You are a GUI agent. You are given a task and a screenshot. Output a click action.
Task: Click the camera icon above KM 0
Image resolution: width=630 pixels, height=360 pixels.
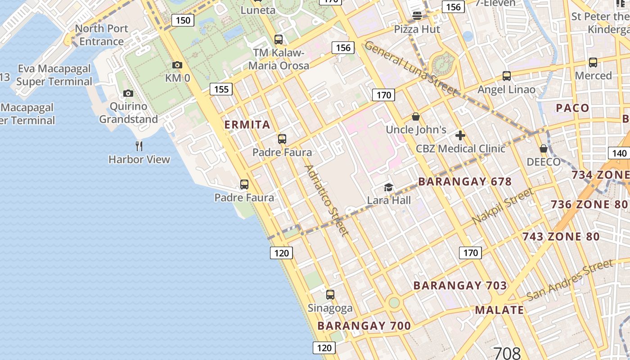point(177,65)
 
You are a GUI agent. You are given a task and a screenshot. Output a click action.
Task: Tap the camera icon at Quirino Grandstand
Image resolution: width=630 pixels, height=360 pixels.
point(128,93)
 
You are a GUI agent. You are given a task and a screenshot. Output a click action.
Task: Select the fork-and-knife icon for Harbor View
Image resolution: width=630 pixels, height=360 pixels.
point(139,146)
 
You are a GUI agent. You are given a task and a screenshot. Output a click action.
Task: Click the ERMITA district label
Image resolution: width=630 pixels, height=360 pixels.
point(247,125)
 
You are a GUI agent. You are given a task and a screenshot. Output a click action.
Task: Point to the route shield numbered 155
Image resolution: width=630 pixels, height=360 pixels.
point(221,89)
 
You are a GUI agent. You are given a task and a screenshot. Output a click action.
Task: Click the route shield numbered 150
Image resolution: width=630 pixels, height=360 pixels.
point(183,20)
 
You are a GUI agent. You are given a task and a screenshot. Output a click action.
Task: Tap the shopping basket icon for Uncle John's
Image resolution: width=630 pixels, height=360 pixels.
point(416,117)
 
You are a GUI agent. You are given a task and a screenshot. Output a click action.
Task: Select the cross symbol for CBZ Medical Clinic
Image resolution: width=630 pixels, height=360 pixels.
point(460,135)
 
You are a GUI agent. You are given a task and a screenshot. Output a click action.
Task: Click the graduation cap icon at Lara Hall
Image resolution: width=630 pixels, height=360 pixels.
point(388,187)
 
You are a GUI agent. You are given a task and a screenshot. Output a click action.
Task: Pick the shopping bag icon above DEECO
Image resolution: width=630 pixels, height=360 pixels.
point(544,148)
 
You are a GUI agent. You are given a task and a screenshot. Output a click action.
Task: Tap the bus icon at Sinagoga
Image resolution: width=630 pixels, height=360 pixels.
point(330,295)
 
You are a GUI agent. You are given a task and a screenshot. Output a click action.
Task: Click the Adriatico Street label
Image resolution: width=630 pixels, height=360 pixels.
point(327,200)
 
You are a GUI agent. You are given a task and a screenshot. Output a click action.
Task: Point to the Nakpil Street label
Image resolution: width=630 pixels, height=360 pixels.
point(503,206)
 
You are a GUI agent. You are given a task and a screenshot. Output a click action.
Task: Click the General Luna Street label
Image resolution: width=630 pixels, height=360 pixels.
point(410,68)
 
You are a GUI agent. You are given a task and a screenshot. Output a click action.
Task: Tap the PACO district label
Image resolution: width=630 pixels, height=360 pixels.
point(572,108)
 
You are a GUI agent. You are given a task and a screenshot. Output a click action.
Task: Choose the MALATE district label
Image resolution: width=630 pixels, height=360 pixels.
point(499,310)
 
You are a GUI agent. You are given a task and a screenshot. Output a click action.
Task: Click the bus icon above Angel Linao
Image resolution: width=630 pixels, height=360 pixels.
point(507,76)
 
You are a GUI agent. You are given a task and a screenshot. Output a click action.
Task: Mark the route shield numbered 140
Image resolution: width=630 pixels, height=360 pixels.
point(619,153)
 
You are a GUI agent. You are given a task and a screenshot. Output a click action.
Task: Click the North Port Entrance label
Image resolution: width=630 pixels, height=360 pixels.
point(102,35)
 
